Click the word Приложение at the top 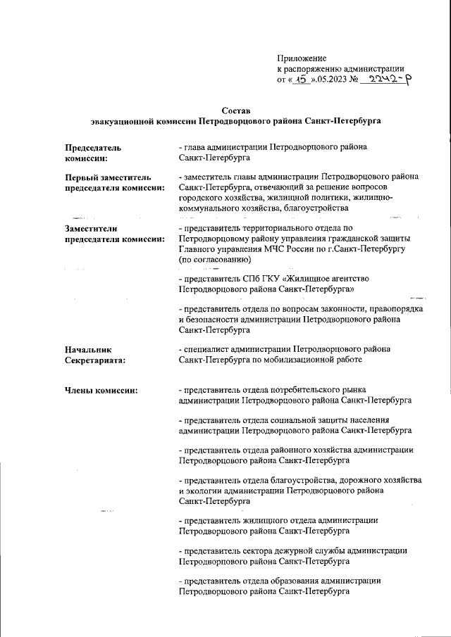(302, 58)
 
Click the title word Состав (235, 111)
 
